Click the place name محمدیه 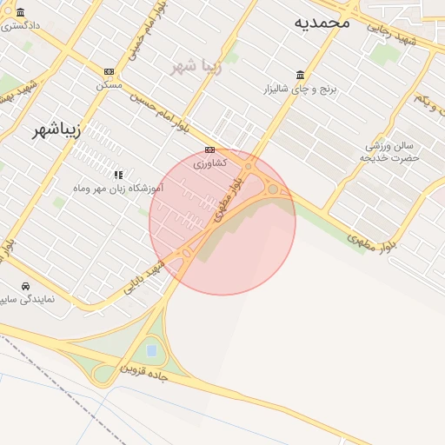[x=322, y=22]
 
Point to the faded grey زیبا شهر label [x=196, y=66]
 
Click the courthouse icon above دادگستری [x=19, y=12]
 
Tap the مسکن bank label [x=109, y=84]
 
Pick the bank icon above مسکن [x=109, y=71]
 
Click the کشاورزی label [x=209, y=163]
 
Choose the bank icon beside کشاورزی [x=209, y=149]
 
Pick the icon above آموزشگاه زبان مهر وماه [x=118, y=174]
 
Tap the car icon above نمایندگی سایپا [x=26, y=285]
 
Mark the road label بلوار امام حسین [x=161, y=109]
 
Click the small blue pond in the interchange [x=152, y=351]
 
